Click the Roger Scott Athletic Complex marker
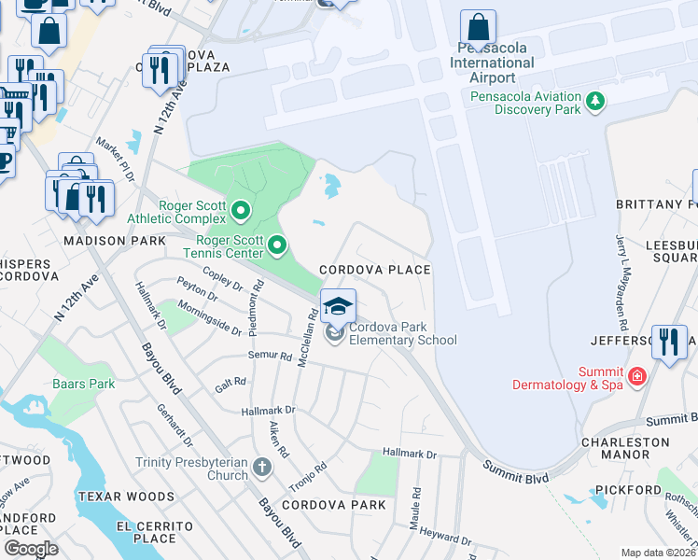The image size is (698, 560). point(241,211)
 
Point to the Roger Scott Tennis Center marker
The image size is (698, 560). point(277,246)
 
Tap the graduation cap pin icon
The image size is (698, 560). point(339,305)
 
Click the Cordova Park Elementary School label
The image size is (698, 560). point(402,333)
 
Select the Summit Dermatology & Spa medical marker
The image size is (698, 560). point(637,377)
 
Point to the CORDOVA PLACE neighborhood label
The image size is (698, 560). point(375,270)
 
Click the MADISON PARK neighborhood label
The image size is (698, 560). point(101,241)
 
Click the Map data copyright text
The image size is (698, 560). point(658,553)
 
